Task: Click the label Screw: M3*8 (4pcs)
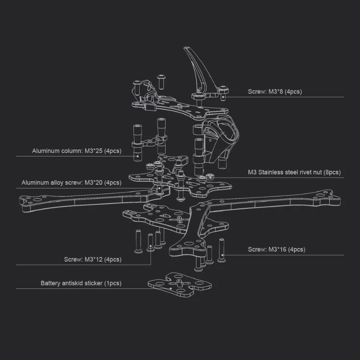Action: click(x=275, y=92)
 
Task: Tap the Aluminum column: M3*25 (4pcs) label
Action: click(x=77, y=151)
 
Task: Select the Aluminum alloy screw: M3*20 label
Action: click(x=71, y=183)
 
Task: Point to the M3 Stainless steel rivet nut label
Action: click(x=294, y=172)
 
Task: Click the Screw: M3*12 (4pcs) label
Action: click(x=92, y=260)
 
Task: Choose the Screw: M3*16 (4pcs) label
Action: click(x=276, y=250)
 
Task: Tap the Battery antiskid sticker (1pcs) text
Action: click(x=81, y=283)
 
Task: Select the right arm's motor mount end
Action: click(x=328, y=198)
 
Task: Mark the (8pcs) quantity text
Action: click(x=332, y=172)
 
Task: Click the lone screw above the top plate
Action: click(x=161, y=81)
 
